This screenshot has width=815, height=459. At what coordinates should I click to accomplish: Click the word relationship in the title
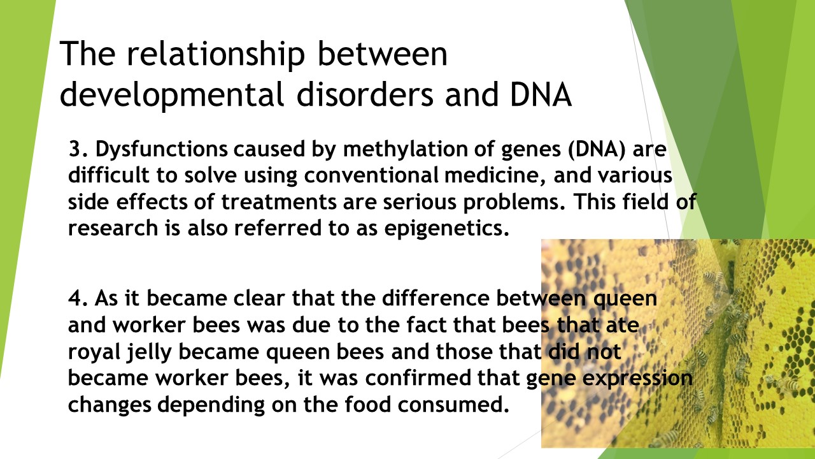click(x=215, y=54)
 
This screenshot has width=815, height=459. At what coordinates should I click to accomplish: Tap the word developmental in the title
click(x=171, y=95)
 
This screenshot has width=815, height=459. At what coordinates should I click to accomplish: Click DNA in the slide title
click(x=541, y=95)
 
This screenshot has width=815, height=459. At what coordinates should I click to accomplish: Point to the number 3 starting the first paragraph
click(x=74, y=149)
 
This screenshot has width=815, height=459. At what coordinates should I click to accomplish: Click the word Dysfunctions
click(x=162, y=150)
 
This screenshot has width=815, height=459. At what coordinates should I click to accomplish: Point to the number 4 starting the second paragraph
click(x=75, y=298)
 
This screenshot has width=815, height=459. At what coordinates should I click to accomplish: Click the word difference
click(x=436, y=298)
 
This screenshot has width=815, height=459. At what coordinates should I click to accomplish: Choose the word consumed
click(x=453, y=405)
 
